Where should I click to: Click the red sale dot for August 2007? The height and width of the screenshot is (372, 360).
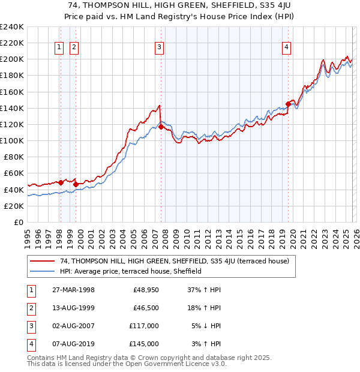click(161, 127)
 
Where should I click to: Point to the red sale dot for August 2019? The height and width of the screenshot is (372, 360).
click(288, 104)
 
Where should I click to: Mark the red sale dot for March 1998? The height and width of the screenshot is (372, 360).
click(61, 182)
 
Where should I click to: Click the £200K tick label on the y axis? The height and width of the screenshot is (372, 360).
click(12, 59)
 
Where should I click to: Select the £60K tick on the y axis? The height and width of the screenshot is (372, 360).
click(14, 173)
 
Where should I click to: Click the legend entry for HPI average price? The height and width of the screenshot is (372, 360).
click(131, 271)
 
